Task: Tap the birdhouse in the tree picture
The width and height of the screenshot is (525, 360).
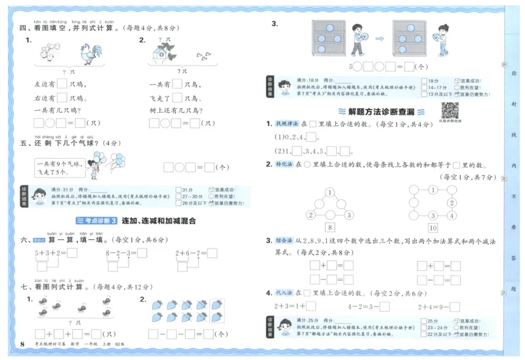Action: click(158, 55)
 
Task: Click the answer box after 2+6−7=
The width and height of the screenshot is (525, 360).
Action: click(211, 253)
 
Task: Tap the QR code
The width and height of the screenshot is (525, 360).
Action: click(450, 110)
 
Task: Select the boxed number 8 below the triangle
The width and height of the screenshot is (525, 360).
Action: click(330, 228)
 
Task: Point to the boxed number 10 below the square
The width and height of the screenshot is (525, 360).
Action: click(432, 228)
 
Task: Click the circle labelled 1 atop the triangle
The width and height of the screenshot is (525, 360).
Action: click(330, 191)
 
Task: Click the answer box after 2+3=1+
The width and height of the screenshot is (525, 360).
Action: click(311, 306)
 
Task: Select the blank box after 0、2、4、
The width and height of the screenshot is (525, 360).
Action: click(311, 138)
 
